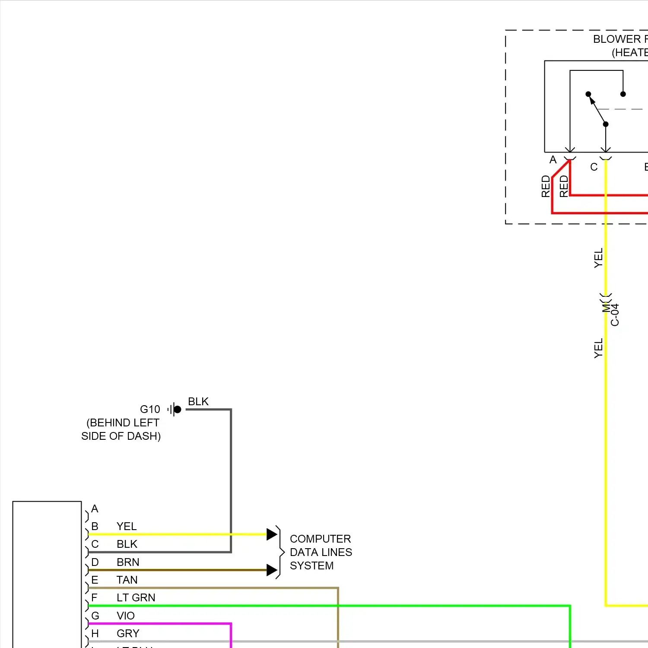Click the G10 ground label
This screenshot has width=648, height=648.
pyautogui.click(x=150, y=409)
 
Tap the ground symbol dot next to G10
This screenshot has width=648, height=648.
pyautogui.click(x=177, y=409)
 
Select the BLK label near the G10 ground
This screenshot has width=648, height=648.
pyautogui.click(x=198, y=401)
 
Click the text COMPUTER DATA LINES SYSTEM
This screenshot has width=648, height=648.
pyautogui.click(x=321, y=552)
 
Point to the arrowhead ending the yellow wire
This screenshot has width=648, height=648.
pyautogui.click(x=271, y=534)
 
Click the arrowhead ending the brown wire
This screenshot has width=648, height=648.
pyautogui.click(x=271, y=570)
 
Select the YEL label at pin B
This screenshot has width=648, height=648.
pyautogui.click(x=127, y=526)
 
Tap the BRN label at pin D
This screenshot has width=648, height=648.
pyautogui.click(x=128, y=562)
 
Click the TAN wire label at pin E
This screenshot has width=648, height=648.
pyautogui.click(x=127, y=580)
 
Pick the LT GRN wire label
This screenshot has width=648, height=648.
pyautogui.click(x=136, y=597)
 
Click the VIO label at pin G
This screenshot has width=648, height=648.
pyautogui.click(x=126, y=616)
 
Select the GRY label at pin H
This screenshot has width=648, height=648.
pyautogui.click(x=128, y=633)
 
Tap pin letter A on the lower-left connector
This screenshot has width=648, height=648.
pyautogui.click(x=95, y=508)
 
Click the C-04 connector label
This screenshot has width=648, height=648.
pyautogui.click(x=615, y=314)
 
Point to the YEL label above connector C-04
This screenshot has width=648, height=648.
pyautogui.click(x=598, y=258)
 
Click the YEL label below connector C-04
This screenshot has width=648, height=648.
pyautogui.click(x=598, y=348)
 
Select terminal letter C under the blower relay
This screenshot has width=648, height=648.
pyautogui.click(x=594, y=167)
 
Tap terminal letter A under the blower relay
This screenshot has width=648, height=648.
pyautogui.click(x=553, y=160)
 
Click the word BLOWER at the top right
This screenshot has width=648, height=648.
pyautogui.click(x=617, y=39)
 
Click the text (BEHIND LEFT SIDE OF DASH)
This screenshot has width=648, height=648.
pyautogui.click(x=121, y=429)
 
